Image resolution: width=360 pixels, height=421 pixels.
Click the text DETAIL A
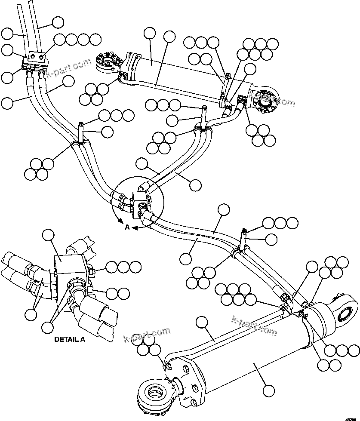(x=70, y=339)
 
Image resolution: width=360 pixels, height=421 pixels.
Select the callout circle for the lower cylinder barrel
(x=268, y=390)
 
